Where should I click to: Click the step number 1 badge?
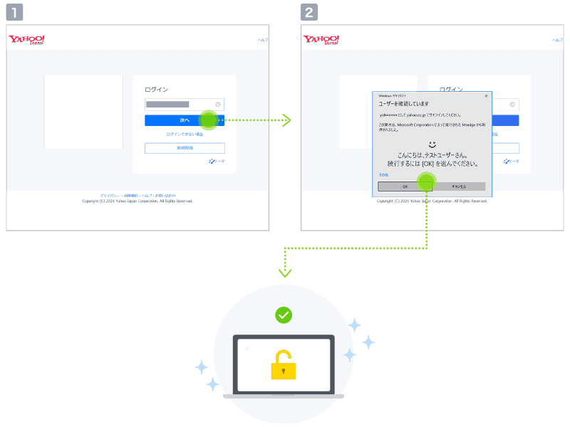(x=14, y=12)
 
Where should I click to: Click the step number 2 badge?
(x=309, y=12)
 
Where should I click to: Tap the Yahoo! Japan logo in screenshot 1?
(x=27, y=40)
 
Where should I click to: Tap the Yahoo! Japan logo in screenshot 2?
(x=322, y=40)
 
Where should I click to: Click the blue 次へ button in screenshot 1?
(x=185, y=120)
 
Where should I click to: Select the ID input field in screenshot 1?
(x=178, y=104)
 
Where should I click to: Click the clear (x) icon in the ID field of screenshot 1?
(x=218, y=104)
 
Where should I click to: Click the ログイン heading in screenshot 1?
(x=156, y=90)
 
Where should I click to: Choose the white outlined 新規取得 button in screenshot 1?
(x=185, y=148)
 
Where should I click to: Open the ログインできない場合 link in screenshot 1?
(x=185, y=134)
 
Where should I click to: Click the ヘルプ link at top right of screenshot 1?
(x=263, y=40)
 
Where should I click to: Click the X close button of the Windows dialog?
(x=486, y=95)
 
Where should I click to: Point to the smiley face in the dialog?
(x=432, y=144)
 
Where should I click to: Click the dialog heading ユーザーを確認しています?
(x=403, y=104)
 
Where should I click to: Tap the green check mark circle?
(x=284, y=315)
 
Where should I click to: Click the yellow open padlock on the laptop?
(x=283, y=364)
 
